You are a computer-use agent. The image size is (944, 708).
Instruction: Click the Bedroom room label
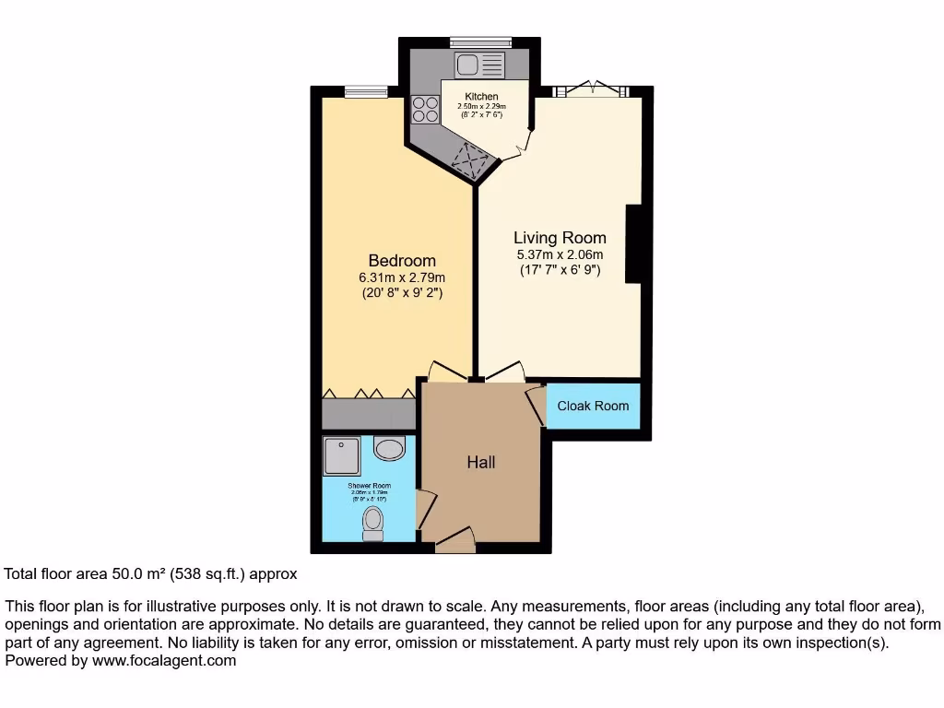coord(402,261)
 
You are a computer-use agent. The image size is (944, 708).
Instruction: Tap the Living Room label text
coord(560,238)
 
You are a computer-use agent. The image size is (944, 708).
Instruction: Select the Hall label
coord(480,462)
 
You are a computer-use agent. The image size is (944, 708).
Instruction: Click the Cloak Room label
coord(593,406)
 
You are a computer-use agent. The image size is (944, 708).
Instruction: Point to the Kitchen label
coord(481,97)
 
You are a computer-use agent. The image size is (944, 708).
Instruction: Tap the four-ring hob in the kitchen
coord(425,110)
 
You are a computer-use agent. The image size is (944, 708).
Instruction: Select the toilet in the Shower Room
coord(373,523)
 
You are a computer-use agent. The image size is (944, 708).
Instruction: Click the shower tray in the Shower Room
coord(342,455)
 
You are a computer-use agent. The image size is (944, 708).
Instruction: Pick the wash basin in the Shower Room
coord(390,449)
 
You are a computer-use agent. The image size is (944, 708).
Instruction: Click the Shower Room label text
coord(369,486)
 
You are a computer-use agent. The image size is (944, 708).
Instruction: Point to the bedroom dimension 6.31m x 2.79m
coord(402,278)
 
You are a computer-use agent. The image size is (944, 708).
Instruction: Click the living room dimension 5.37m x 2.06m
coord(560,254)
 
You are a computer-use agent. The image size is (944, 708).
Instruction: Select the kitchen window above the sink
coord(479,41)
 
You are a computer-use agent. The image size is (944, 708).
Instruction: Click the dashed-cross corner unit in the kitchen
coord(473,161)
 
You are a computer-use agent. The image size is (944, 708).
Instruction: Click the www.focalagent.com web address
coord(162,660)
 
